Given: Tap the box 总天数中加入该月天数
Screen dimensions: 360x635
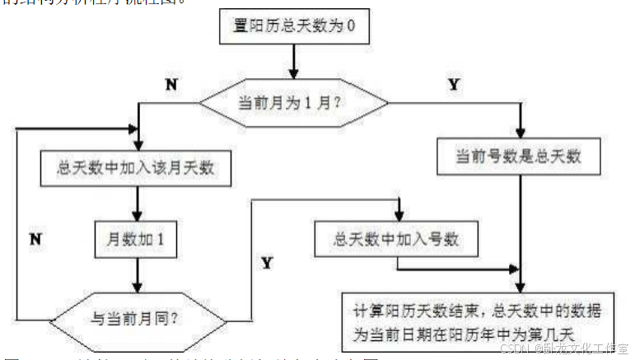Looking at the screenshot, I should (137, 168).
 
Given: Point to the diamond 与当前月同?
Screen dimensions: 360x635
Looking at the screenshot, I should (137, 316).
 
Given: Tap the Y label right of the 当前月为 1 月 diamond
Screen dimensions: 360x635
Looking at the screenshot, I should (454, 85).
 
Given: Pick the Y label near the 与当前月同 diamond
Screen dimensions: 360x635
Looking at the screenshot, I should (267, 264).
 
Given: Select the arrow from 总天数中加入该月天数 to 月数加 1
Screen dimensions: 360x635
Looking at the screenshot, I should (137, 203).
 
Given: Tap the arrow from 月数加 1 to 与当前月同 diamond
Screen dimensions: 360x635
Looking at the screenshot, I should (137, 276).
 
